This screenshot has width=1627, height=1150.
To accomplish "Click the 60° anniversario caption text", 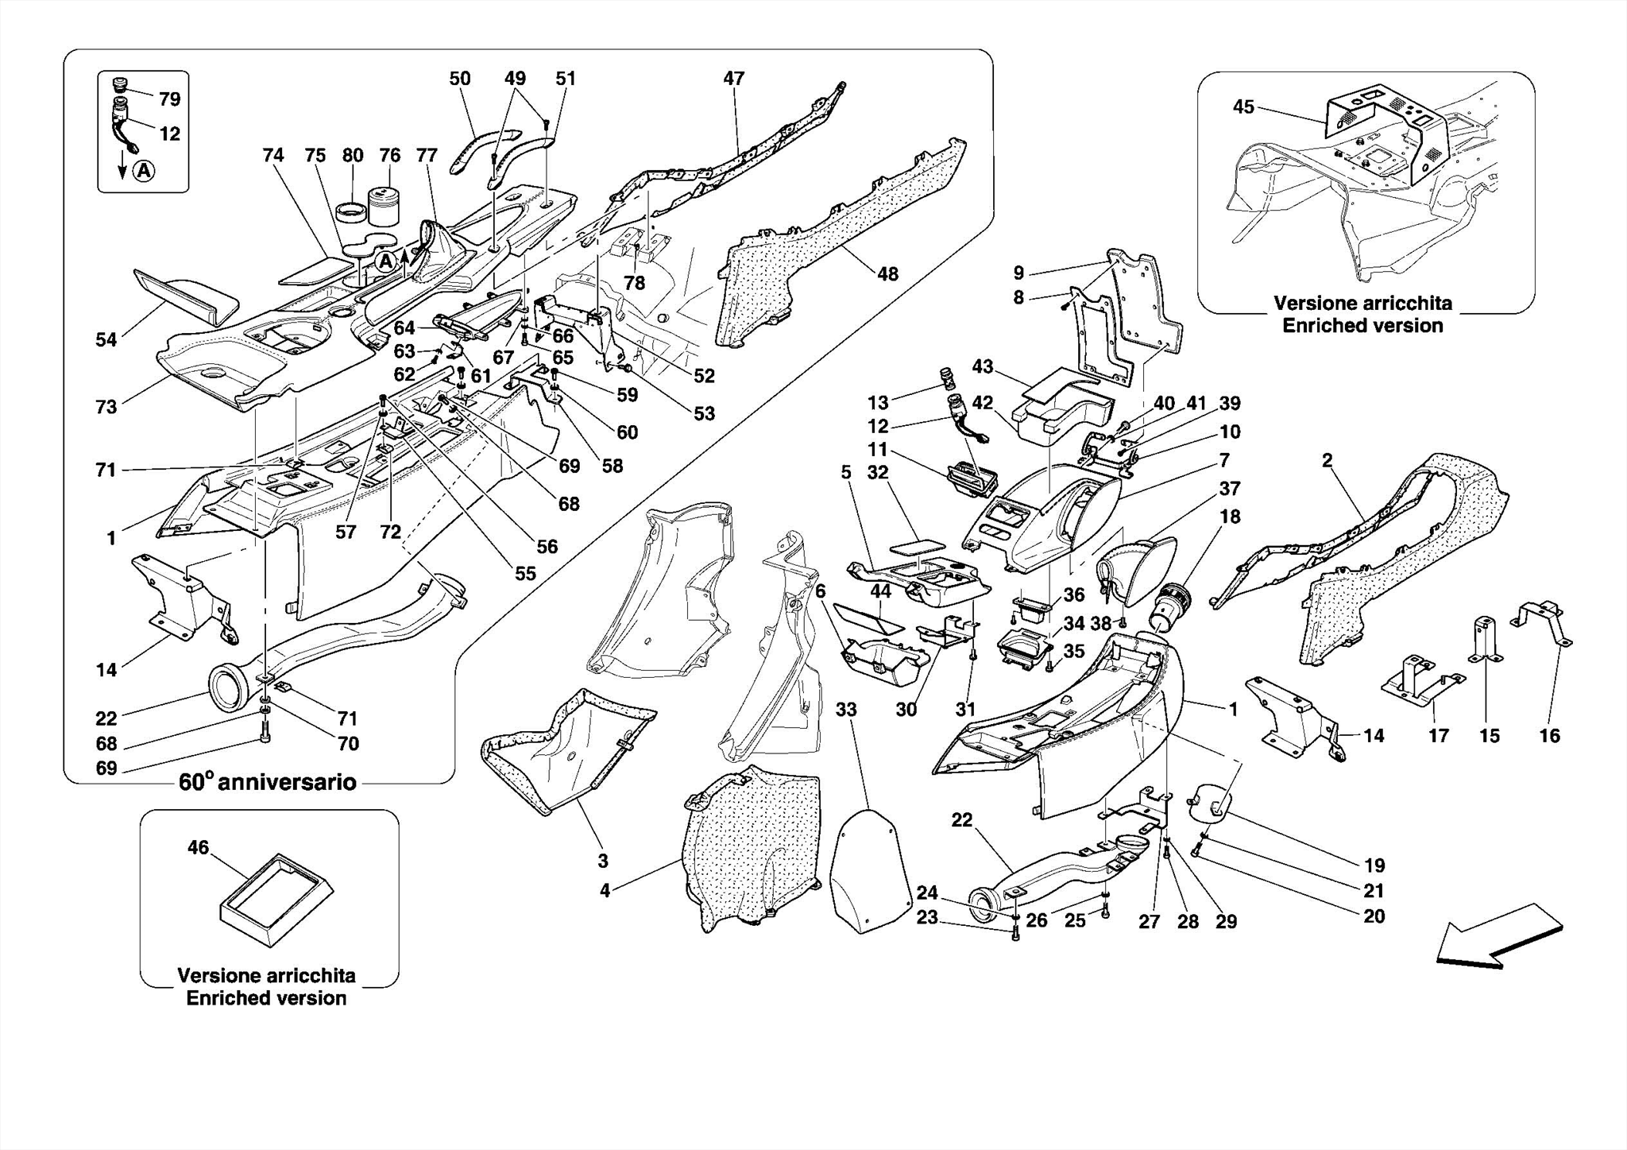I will [267, 782].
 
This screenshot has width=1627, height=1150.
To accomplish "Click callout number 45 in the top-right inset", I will [1243, 106].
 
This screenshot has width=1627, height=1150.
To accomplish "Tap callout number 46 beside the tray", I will [198, 848].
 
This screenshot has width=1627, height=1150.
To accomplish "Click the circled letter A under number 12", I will [144, 170].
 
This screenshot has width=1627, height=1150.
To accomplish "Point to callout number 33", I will [846, 709].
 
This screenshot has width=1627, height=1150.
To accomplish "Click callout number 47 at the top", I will [733, 79].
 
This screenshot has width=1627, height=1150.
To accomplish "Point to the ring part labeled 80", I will [351, 214].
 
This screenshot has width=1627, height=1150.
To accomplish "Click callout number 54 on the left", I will [106, 340].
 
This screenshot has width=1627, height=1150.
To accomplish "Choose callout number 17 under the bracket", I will [1438, 736].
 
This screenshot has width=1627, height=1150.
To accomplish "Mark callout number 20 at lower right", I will [1374, 916].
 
